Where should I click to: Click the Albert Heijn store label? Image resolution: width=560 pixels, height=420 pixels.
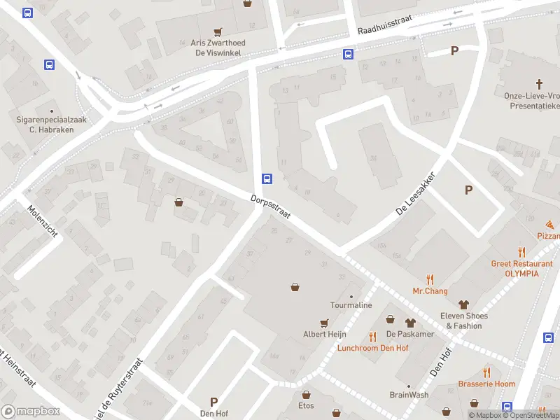point(325,334)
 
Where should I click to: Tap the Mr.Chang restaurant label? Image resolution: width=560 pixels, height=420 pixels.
point(430,290)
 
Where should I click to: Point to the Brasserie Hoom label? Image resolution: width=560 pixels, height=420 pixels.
point(486,384)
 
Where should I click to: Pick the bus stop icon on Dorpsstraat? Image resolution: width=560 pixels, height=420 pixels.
point(267,178)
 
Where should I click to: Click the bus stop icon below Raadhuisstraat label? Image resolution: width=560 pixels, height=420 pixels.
point(348,54)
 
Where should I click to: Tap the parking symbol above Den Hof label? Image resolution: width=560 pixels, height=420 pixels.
point(214,402)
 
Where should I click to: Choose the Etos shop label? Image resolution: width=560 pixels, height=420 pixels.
point(306,405)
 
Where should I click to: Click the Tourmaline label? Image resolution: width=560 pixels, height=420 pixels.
point(351,305)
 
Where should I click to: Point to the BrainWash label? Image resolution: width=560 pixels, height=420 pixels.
point(409,395)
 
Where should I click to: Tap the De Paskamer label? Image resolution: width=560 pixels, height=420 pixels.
point(409,334)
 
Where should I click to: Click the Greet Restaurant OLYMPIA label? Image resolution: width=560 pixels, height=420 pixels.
point(521,268)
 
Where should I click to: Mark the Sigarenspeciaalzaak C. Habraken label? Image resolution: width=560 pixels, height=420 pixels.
point(51,124)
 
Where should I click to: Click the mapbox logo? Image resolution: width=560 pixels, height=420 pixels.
point(31,411)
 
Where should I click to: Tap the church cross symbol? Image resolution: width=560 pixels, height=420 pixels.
point(540,83)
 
